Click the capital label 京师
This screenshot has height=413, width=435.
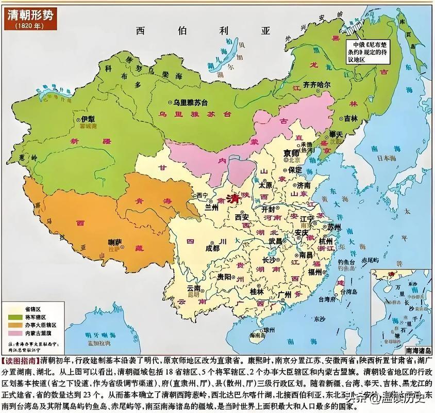tap(291, 153)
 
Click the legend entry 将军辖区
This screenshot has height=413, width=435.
tap(38, 316)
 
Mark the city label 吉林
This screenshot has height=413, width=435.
tap(350, 118)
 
